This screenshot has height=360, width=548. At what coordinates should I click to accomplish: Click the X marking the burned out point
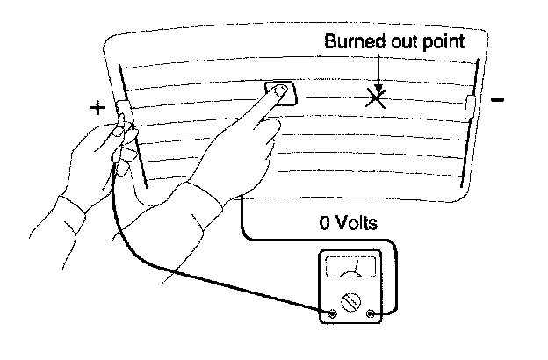(x=376, y=97)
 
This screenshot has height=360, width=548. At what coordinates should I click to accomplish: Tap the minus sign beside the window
(x=497, y=101)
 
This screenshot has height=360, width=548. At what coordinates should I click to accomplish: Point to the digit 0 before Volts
(x=326, y=223)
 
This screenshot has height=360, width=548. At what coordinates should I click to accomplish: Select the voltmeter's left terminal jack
(x=332, y=312)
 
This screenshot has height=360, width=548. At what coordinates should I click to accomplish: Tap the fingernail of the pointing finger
(x=280, y=91)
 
